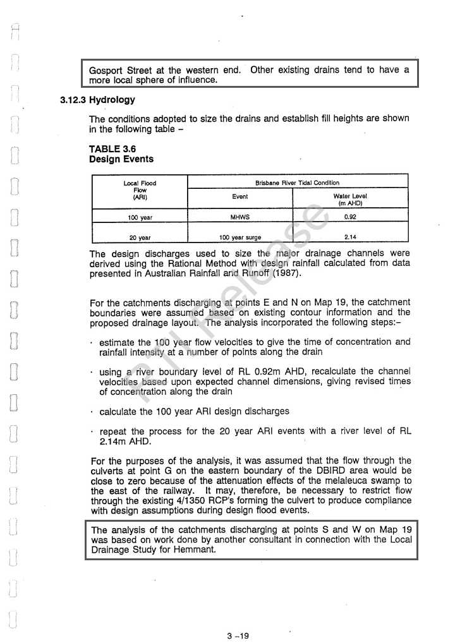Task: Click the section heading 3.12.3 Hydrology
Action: [97, 100]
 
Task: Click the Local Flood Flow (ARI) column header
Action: [140, 189]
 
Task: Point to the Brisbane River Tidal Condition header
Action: [297, 183]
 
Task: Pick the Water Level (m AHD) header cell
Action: [349, 200]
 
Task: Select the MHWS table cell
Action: [240, 217]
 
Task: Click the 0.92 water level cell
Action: [350, 217]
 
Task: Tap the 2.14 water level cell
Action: [350, 237]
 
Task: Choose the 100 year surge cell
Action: [240, 237]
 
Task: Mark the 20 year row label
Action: [140, 238]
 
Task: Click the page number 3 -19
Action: [238, 635]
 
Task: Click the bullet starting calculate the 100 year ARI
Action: [195, 411]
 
